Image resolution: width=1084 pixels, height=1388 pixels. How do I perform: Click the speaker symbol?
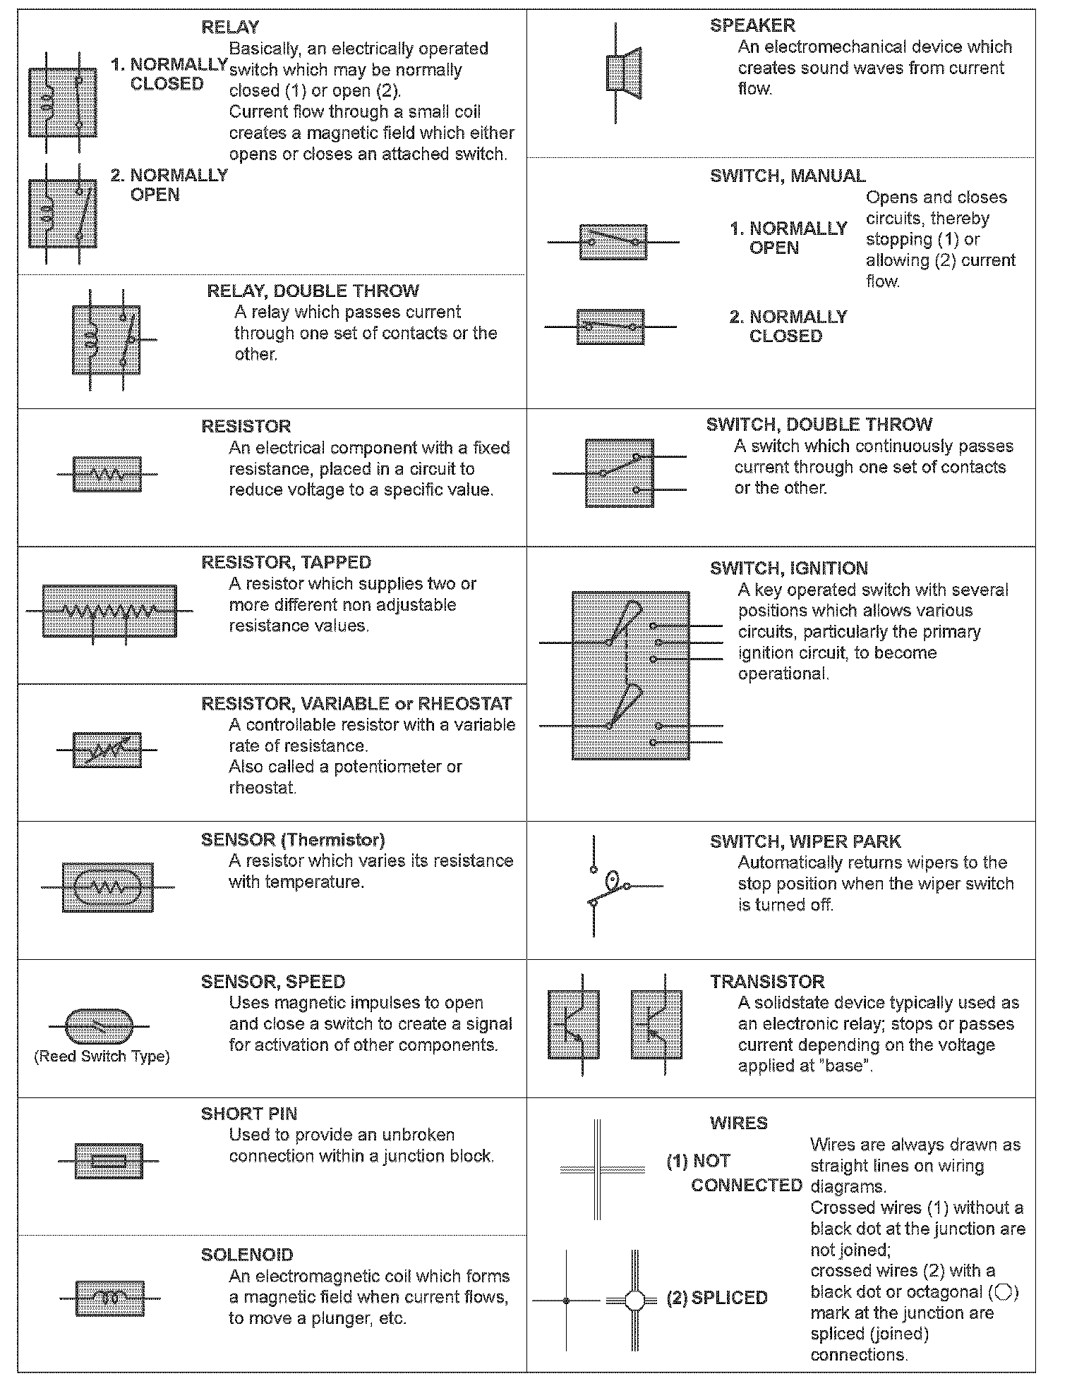click(x=624, y=73)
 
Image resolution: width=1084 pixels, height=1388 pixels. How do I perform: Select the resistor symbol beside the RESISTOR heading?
click(x=107, y=474)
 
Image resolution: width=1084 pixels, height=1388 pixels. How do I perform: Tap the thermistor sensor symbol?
click(x=107, y=887)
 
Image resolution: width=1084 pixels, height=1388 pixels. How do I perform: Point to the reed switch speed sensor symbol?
click(x=99, y=1026)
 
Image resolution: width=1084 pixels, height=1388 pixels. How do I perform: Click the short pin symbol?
click(x=109, y=1161)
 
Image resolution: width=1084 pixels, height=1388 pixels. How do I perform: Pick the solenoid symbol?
click(x=109, y=1298)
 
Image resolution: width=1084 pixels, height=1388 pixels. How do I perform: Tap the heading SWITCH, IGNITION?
click(x=788, y=568)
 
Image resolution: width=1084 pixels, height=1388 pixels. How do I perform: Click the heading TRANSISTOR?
click(x=766, y=982)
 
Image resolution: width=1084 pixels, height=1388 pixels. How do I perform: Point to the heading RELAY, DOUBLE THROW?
click(x=313, y=291)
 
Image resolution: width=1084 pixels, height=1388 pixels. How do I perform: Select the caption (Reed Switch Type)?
click(x=102, y=1057)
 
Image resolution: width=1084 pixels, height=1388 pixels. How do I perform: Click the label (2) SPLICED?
click(x=717, y=1298)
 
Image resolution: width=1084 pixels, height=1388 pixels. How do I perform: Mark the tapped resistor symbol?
click(x=109, y=611)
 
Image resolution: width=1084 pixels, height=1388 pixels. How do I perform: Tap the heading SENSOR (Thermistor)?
click(x=293, y=840)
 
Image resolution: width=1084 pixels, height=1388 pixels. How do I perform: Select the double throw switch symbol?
click(x=619, y=473)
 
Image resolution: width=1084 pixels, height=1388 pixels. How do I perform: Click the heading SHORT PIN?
click(x=249, y=1114)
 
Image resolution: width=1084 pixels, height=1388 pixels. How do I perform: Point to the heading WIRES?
click(x=738, y=1124)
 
